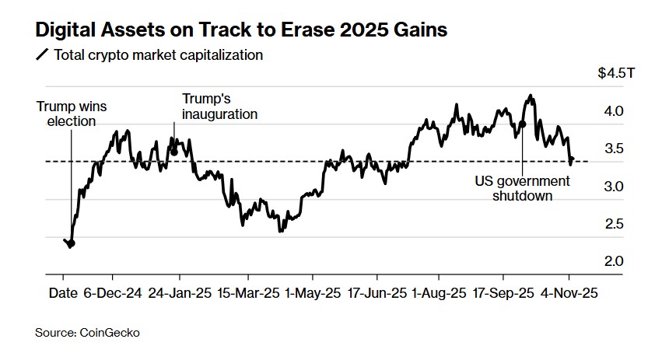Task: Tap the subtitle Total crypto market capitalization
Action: [158, 56]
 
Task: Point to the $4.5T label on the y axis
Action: [617, 74]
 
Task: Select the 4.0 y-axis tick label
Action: [614, 111]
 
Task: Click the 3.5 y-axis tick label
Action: [614, 149]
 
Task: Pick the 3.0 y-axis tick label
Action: [614, 187]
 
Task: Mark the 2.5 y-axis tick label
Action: [614, 224]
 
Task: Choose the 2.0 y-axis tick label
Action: [614, 261]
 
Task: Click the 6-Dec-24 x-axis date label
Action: [112, 294]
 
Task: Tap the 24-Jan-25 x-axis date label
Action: [180, 294]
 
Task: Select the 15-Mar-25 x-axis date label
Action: [247, 294]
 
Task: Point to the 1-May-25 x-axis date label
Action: [313, 294]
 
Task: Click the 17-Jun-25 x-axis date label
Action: [377, 294]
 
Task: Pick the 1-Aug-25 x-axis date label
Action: [440, 294]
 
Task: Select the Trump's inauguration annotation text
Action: [219, 107]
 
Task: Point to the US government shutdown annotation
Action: [522, 188]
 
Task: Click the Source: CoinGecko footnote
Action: [88, 333]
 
